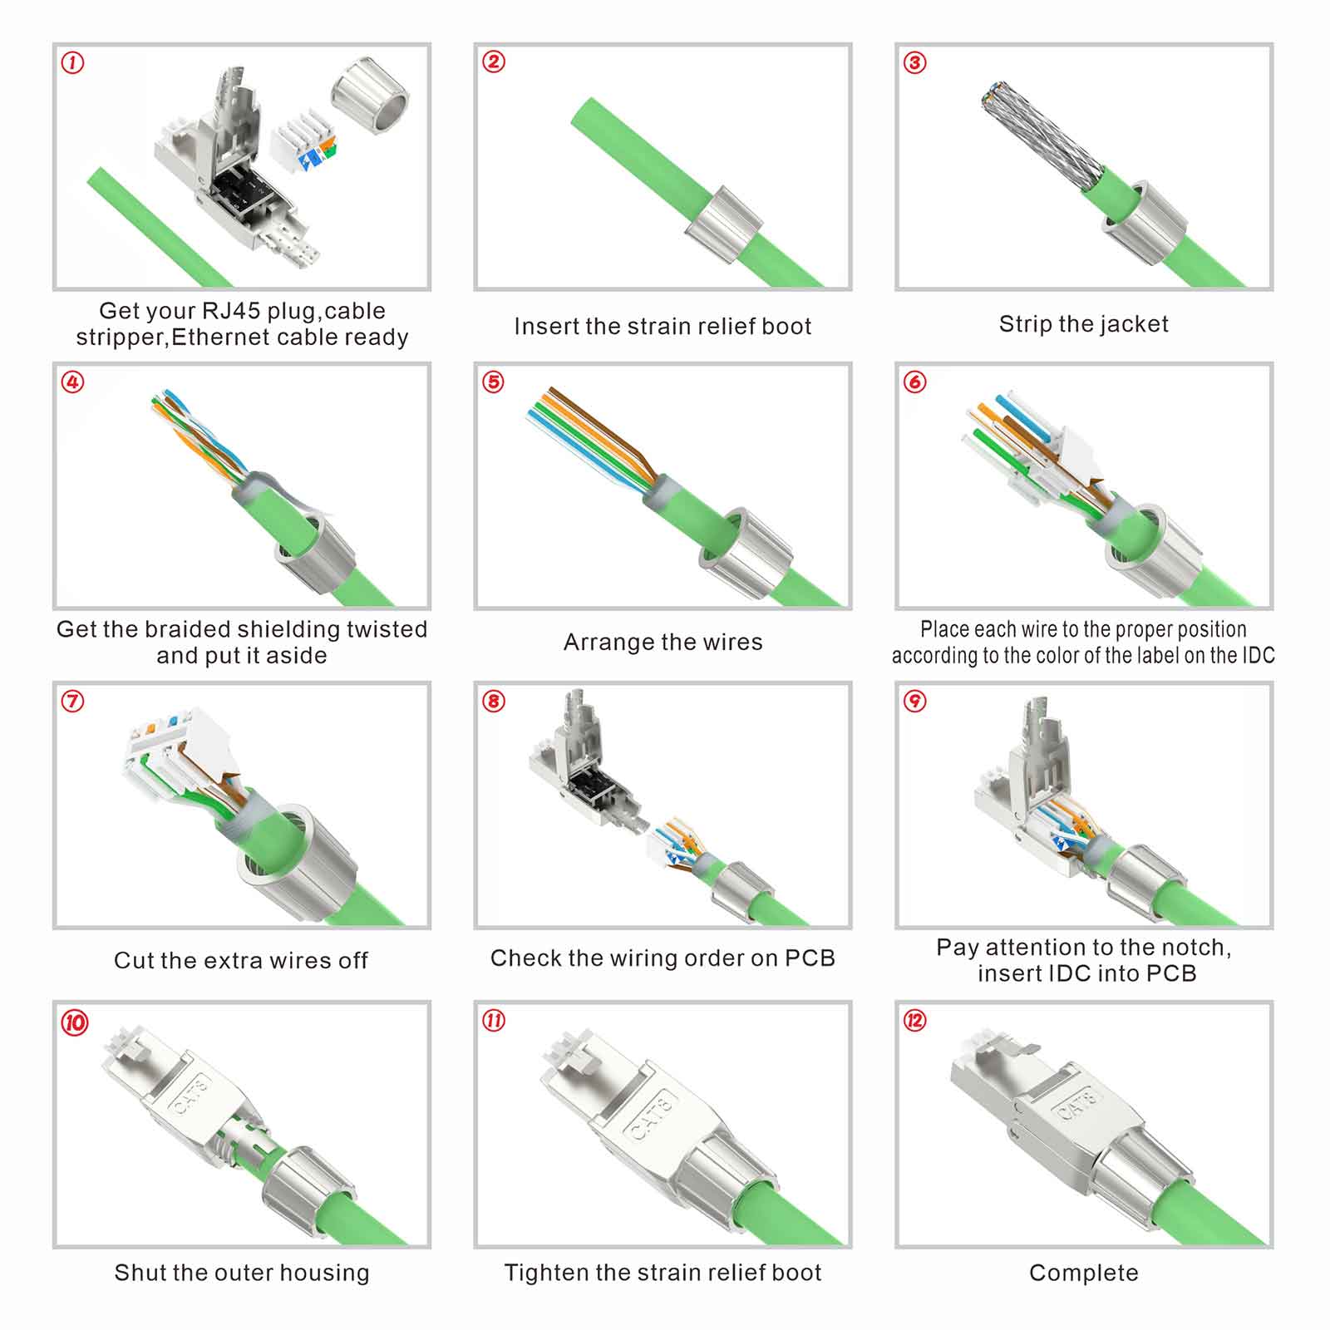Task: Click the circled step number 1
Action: click(x=73, y=62)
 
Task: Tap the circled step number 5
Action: click(x=494, y=382)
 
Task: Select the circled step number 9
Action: click(x=915, y=701)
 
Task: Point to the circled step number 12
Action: click(x=915, y=1020)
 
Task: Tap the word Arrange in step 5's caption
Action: click(x=608, y=643)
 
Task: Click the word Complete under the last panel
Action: click(x=1084, y=1273)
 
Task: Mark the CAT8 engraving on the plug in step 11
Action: click(x=652, y=1116)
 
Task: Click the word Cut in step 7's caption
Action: click(x=131, y=960)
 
